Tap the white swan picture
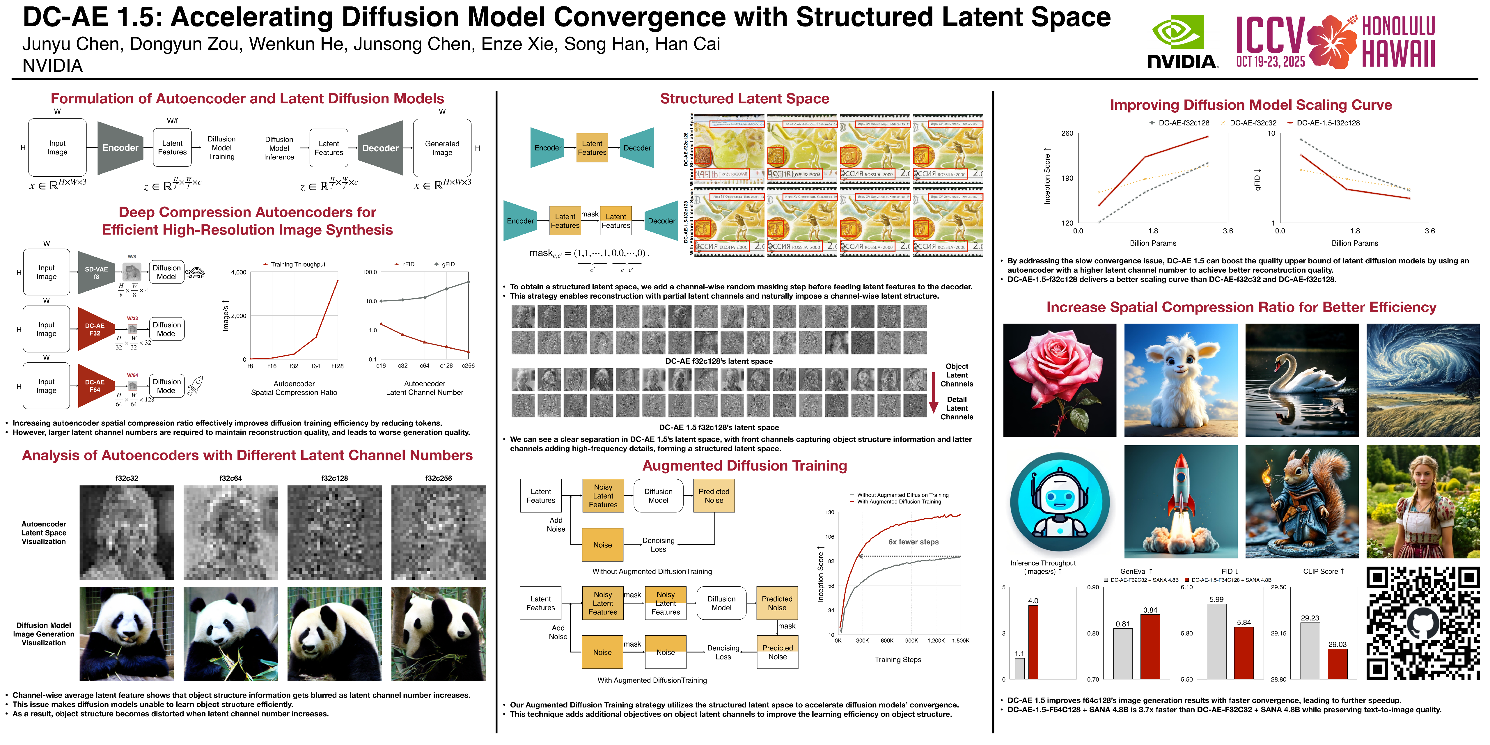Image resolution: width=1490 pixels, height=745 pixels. [1301, 380]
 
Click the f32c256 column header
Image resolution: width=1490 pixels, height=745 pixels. [439, 478]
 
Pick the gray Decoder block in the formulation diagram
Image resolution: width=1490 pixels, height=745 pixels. [380, 148]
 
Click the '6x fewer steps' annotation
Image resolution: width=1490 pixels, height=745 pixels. [913, 542]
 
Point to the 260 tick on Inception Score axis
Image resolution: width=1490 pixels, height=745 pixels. [1067, 134]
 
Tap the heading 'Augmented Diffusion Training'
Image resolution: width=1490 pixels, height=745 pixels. [744, 466]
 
